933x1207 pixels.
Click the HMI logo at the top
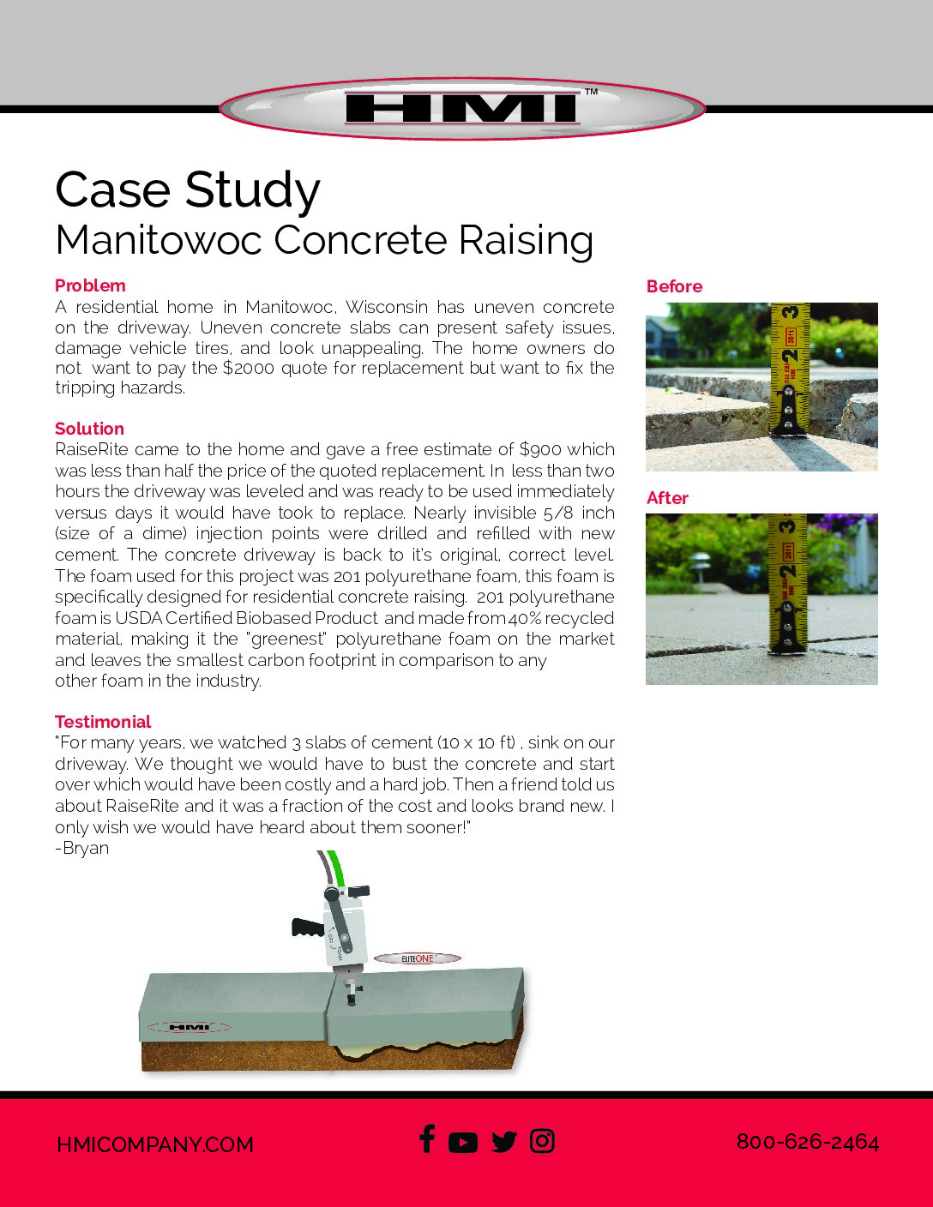[x=462, y=109]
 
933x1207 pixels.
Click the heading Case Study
[x=188, y=189]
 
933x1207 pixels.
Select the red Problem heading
[x=90, y=285]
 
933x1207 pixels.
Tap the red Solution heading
[x=89, y=429]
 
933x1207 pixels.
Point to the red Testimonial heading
[x=103, y=722]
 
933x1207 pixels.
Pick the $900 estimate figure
[x=540, y=449]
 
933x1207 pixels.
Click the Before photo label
[x=674, y=286]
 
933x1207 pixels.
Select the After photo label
[x=667, y=498]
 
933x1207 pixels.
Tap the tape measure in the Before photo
[x=790, y=369]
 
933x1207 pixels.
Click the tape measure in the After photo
[x=788, y=583]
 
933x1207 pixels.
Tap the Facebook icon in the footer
[x=427, y=1139]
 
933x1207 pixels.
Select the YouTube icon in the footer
[x=463, y=1143]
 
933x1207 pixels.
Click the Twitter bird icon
[x=504, y=1142]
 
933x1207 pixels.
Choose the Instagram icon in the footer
[x=542, y=1141]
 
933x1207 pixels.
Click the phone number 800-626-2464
[x=808, y=1142]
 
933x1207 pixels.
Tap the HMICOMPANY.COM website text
[x=155, y=1144]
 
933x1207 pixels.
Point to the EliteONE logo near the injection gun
[x=418, y=958]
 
